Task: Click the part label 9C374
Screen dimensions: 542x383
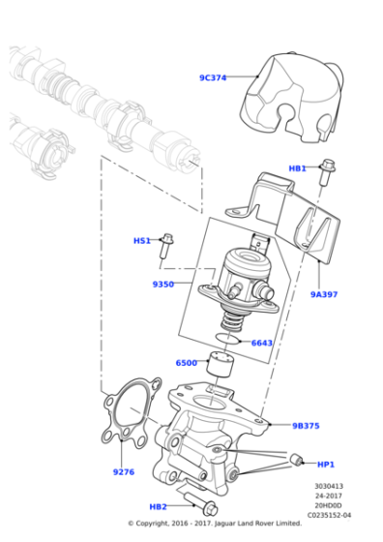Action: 213,77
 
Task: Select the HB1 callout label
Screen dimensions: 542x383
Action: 297,168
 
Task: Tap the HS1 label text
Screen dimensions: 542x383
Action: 142,241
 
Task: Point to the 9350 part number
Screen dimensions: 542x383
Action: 162,285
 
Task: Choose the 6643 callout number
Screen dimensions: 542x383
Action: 262,343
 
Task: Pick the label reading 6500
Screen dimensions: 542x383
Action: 186,363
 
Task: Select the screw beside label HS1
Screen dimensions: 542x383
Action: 167,240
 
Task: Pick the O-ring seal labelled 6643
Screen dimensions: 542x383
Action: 226,339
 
